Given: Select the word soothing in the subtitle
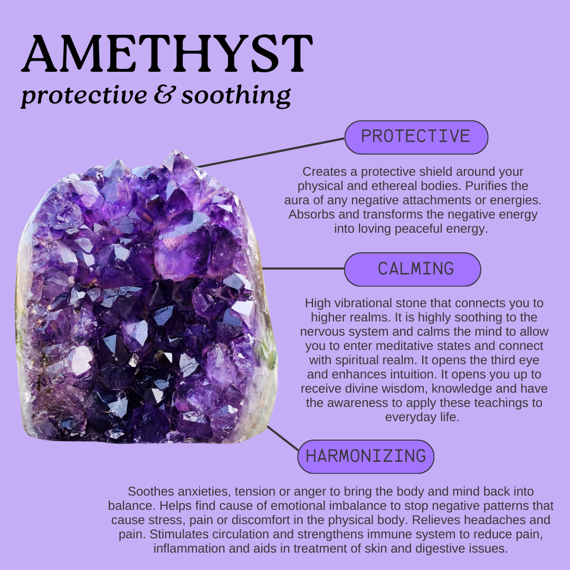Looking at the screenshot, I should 236,96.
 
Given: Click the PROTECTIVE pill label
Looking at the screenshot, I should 416,137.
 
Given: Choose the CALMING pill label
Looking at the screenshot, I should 415,269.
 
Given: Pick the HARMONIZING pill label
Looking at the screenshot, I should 366,457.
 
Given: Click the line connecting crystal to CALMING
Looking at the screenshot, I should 303,269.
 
